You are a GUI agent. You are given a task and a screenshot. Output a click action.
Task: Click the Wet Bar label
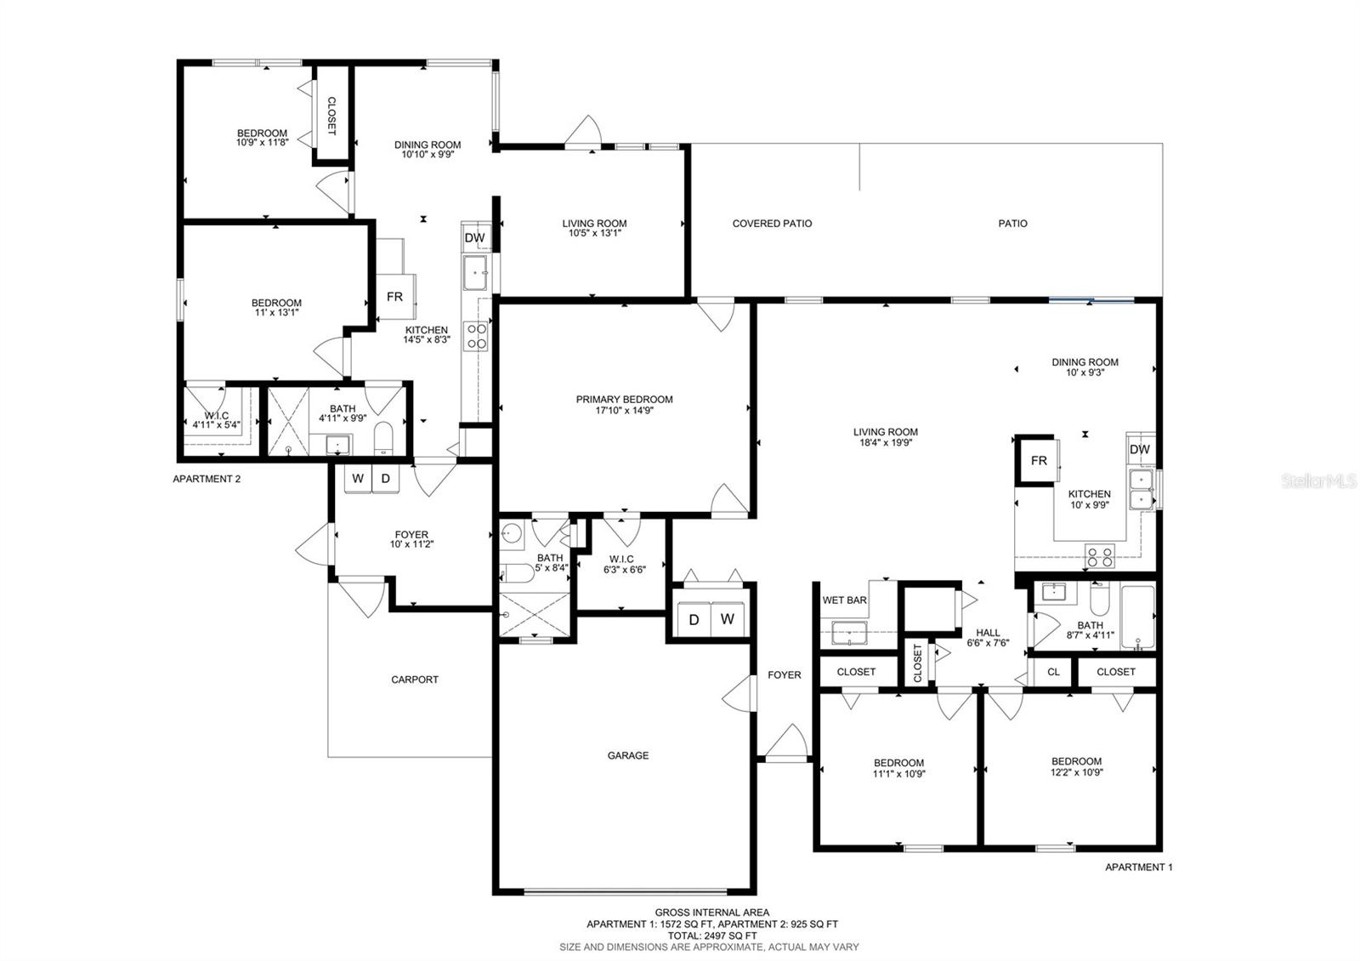[844, 600]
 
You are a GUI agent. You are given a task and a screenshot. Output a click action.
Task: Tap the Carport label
[415, 680]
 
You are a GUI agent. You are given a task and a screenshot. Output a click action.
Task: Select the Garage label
[628, 755]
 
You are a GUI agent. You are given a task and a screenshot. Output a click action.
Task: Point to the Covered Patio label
[772, 224]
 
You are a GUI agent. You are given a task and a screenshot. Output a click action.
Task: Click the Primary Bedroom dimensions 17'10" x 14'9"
[624, 411]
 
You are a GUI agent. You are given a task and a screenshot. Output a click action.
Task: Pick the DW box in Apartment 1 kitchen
[1140, 450]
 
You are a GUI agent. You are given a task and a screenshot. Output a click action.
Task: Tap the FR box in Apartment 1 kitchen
[1039, 460]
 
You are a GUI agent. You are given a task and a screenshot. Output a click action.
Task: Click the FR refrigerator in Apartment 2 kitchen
[395, 297]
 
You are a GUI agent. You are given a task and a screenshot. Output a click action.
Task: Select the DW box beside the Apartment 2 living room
[475, 237]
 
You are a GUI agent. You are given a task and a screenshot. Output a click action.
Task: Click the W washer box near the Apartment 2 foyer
[358, 479]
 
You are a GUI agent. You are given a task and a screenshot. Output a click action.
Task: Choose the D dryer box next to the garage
[694, 620]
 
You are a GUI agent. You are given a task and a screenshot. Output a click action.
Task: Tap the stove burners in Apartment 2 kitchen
[476, 336]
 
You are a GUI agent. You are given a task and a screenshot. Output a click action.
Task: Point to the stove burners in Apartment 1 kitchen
[1100, 556]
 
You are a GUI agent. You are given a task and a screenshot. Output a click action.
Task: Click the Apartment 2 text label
[207, 479]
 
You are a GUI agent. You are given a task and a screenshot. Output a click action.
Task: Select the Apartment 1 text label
[1138, 867]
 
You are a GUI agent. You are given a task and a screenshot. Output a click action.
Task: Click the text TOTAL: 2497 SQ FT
[712, 935]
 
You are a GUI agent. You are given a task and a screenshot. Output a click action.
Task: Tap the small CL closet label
[1053, 672]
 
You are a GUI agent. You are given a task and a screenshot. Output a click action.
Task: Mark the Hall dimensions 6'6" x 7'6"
[988, 643]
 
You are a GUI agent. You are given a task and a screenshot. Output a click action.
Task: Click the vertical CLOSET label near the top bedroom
[331, 116]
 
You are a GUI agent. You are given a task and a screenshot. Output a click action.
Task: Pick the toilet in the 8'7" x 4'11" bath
[1100, 599]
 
